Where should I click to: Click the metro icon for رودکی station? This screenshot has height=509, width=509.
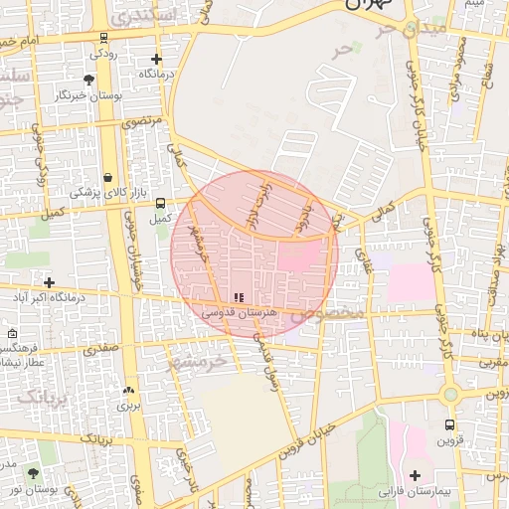click(x=105, y=38)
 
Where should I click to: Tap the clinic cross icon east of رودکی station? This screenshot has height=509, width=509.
click(x=156, y=59)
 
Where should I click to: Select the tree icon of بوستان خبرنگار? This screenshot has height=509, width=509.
click(x=89, y=79)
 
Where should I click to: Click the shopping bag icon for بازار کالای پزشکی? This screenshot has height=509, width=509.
click(x=106, y=177)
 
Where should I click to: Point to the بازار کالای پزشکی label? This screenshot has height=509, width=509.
click(x=106, y=192)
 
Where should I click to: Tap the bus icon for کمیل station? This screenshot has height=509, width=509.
click(x=160, y=202)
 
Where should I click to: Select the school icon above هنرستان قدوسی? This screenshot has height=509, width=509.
click(x=238, y=297)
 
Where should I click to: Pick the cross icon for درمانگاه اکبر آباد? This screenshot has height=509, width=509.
click(x=48, y=282)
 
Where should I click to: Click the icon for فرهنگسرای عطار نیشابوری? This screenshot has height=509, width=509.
click(x=11, y=334)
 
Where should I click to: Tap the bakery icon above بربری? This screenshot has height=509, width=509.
click(x=128, y=390)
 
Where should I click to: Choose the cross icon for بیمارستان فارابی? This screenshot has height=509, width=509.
click(x=415, y=475)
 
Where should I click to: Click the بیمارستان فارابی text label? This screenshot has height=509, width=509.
click(x=415, y=491)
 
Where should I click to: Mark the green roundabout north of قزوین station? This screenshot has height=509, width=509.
click(x=450, y=395)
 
